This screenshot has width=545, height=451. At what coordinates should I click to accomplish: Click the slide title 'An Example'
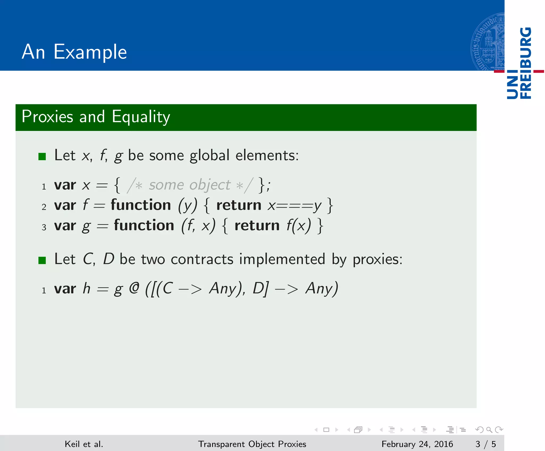(74, 52)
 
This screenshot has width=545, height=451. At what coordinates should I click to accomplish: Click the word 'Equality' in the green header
(141, 117)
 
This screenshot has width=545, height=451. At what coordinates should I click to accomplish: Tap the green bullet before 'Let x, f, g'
(42, 156)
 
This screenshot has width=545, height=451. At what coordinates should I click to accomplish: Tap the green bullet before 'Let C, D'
(42, 260)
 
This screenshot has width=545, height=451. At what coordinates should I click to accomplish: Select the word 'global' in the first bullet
(209, 156)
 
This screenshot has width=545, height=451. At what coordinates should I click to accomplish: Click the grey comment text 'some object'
(189, 185)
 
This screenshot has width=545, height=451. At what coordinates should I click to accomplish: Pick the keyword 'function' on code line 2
(141, 205)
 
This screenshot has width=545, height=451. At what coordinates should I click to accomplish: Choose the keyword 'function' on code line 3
(144, 225)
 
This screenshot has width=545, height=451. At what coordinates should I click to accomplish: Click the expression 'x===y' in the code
(295, 205)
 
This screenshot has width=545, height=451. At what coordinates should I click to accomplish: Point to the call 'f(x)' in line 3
(298, 226)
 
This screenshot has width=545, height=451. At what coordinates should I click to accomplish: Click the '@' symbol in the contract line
(134, 288)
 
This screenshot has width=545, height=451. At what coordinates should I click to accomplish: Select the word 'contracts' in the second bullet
(202, 259)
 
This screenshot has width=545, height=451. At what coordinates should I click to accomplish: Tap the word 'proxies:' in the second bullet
(377, 260)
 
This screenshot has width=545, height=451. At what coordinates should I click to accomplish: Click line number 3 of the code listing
(44, 227)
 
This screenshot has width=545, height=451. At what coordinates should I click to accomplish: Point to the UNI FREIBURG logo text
(519, 63)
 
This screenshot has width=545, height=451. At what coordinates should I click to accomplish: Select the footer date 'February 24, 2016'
(417, 444)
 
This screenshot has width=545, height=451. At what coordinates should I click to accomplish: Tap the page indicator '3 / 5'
(485, 444)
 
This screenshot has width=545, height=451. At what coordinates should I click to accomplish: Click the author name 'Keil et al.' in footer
(84, 444)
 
